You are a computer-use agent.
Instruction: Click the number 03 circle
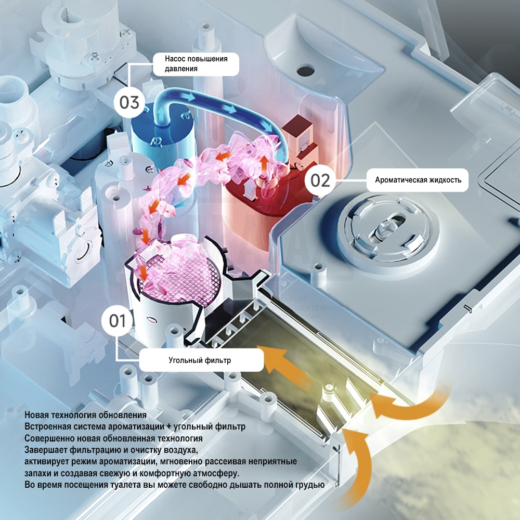[x=129, y=102]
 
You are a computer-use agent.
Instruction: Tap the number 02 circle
[x=320, y=180]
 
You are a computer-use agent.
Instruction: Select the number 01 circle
[x=118, y=321]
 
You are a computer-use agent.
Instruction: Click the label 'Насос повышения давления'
[x=196, y=63]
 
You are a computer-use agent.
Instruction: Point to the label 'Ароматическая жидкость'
[x=418, y=180]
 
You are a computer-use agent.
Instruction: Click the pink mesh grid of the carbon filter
[x=179, y=277]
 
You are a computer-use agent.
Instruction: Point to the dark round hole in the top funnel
[x=305, y=70]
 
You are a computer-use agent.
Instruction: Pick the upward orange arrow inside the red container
[x=264, y=164]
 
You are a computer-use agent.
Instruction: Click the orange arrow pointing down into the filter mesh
[x=144, y=272]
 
